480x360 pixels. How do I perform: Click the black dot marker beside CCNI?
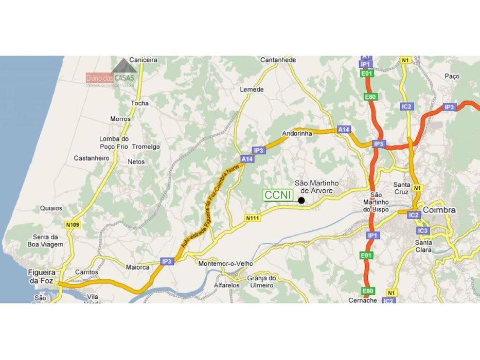301,200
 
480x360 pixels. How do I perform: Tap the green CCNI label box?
278,195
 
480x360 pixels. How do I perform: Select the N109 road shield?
72,225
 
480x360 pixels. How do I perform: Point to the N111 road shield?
253,218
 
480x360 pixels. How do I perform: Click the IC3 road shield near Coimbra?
423,231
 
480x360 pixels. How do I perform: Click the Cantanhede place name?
278,60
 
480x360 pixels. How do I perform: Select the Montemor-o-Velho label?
226,263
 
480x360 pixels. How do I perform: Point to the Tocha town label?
139,103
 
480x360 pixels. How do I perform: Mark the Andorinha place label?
298,134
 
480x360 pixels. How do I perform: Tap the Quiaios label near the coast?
51,208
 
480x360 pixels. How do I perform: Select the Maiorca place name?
137,267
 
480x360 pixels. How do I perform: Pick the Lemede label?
252,89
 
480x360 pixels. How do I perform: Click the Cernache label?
363,300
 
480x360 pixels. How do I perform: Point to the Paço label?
452,76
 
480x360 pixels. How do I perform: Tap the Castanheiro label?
92,158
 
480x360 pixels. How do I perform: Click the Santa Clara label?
424,246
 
